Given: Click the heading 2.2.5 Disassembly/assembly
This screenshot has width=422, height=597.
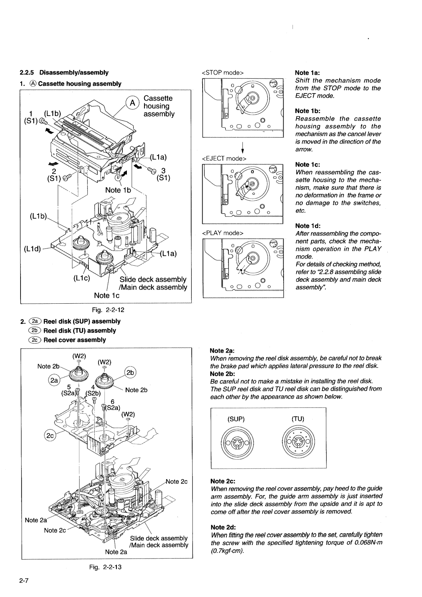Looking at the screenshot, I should [64, 72].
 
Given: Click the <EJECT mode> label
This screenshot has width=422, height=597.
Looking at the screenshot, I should [224, 158].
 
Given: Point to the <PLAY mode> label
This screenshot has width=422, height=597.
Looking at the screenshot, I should [223, 233].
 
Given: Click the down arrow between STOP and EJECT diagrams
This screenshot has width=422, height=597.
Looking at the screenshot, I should [243, 148].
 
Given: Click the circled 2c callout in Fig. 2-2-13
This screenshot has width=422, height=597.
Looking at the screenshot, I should [50, 436].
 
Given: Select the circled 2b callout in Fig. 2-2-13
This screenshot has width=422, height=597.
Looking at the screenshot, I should [130, 373].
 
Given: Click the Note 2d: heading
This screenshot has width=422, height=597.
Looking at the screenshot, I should [223, 527].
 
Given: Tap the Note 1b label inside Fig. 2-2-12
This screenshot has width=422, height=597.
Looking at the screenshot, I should [118, 190].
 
